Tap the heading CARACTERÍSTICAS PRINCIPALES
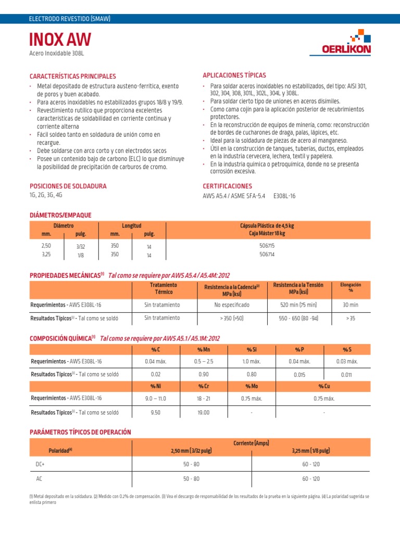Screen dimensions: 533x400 pyautogui.click(x=73, y=77)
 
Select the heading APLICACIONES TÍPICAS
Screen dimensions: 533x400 pyautogui.click(x=234, y=75)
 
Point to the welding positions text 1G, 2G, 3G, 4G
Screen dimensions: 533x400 pyautogui.click(x=46, y=195)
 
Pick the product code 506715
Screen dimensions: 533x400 pyautogui.click(x=267, y=245)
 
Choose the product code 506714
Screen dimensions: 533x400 pyautogui.click(x=267, y=255)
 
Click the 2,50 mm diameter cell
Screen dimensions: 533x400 pyautogui.click(x=46, y=245)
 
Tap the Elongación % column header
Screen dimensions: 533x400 pyautogui.click(x=351, y=288)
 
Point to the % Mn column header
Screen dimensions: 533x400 pyautogui.click(x=203, y=349)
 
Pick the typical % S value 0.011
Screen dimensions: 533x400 pyautogui.click(x=346, y=375)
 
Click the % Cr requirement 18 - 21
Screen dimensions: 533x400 pyautogui.click(x=203, y=398)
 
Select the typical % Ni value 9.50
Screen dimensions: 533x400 pyautogui.click(x=156, y=412)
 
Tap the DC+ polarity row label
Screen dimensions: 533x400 pyautogui.click(x=40, y=463)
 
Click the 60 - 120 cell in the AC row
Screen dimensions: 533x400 pyautogui.click(x=311, y=478)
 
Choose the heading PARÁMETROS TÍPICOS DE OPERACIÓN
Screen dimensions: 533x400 pyautogui.click(x=80, y=432)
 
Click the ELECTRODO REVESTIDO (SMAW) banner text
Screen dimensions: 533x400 pyautogui.click(x=70, y=19)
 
